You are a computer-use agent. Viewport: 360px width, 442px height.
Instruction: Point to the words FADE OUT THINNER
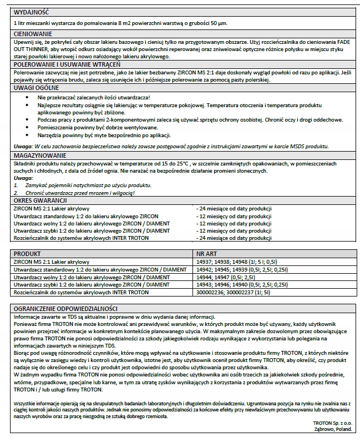[332, 43]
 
